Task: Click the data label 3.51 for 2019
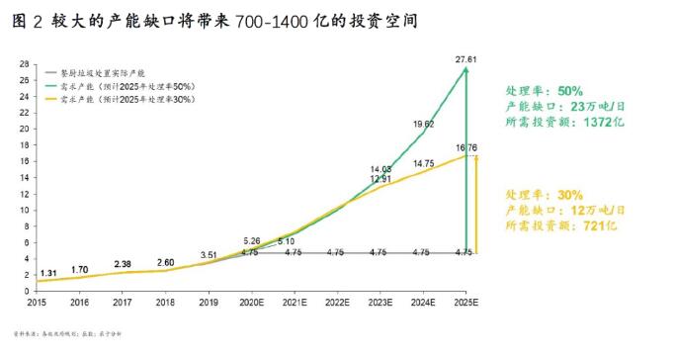coord(209,254)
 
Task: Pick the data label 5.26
coord(252,240)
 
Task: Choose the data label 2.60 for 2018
coord(166,262)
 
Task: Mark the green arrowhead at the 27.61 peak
coord(466,71)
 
